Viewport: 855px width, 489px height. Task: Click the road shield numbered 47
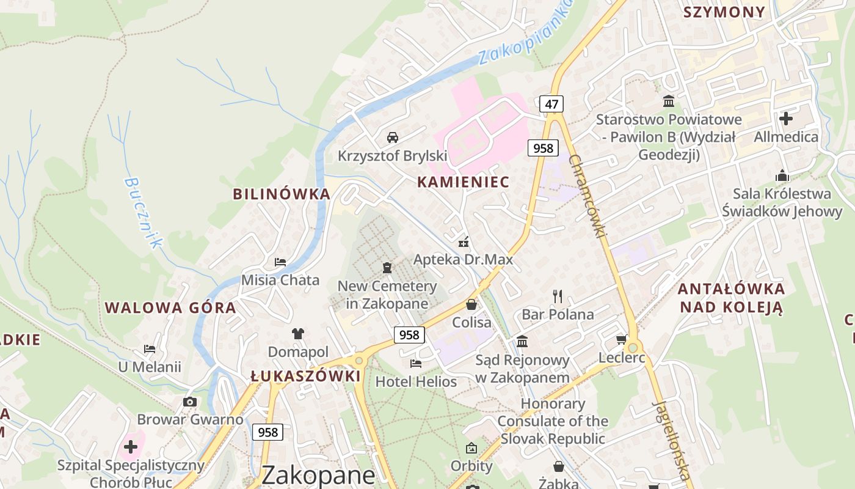pos(551,104)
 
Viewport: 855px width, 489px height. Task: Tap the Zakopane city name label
pos(318,476)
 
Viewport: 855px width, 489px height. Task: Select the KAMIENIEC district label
pos(463,182)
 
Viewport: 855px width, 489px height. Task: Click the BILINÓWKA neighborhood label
pos(282,194)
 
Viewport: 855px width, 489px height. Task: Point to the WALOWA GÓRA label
pos(170,307)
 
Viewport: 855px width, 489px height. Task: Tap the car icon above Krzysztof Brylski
pos(393,137)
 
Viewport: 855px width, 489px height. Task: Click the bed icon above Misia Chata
pos(280,262)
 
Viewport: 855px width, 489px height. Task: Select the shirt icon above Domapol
pos(298,333)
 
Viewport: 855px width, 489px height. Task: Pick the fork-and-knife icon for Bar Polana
pos(558,296)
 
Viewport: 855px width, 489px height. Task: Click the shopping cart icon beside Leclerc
pos(622,339)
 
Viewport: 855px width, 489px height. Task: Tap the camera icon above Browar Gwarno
pos(190,402)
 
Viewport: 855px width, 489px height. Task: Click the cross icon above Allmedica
pos(786,118)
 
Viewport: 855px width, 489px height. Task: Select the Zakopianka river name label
pos(526,32)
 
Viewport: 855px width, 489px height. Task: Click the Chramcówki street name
pos(589,196)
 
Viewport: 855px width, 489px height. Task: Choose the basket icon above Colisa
pos(471,304)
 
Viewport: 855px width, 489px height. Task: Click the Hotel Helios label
pos(416,382)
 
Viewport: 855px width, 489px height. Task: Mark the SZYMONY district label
pos(724,12)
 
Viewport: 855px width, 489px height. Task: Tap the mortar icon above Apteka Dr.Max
pos(464,241)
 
